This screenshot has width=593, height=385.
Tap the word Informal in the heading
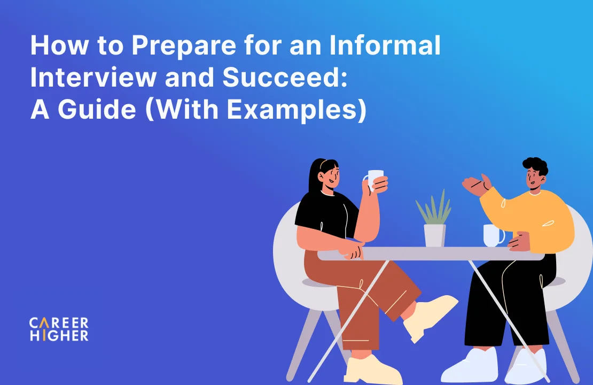click(385, 45)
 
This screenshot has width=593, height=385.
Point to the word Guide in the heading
click(97, 109)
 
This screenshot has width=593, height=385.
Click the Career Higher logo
click(59, 329)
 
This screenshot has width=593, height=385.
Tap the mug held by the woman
click(374, 180)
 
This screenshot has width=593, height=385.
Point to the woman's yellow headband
click(323, 164)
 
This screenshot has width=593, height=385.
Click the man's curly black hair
click(536, 165)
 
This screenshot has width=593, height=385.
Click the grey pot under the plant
click(434, 235)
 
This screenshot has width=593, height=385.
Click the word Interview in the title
click(93, 77)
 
